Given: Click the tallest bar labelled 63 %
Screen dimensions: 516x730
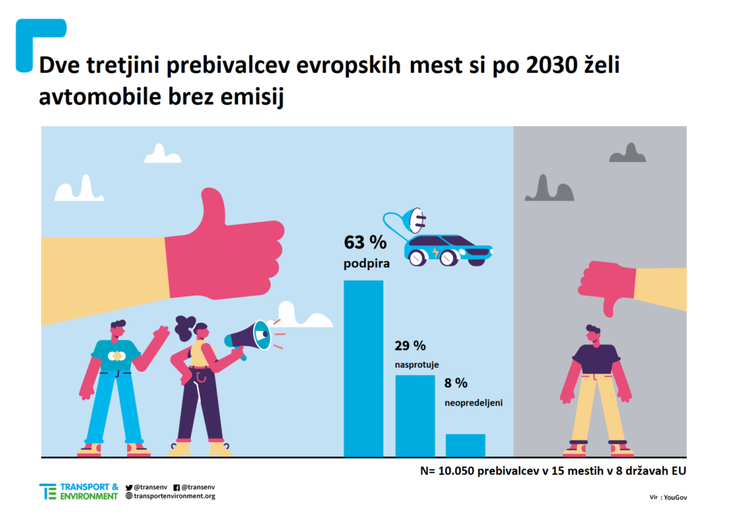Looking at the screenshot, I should click(363, 368).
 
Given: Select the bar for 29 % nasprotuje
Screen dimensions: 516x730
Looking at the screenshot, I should click(415, 415).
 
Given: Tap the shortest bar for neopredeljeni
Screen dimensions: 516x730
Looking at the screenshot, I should click(465, 445).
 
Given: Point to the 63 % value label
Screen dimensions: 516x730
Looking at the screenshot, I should click(365, 242).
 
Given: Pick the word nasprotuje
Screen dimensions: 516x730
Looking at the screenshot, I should click(417, 364).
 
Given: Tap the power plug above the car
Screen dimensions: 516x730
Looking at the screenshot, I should click(414, 220).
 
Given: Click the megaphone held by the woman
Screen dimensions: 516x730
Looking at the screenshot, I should click(249, 336).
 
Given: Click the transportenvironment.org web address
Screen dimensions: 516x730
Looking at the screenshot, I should click(174, 496).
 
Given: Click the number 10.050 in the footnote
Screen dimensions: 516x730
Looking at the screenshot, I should click(457, 471).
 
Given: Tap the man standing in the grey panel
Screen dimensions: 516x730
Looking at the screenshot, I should click(595, 390).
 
